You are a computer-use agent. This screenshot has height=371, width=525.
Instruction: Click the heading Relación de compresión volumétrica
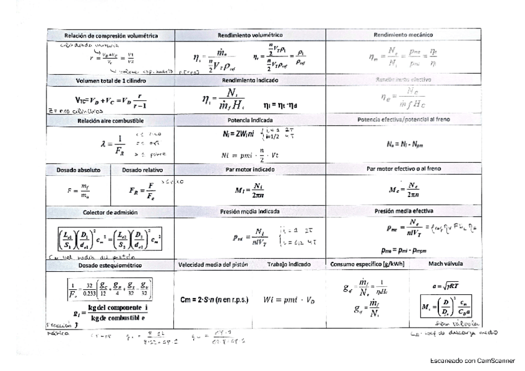[111, 36]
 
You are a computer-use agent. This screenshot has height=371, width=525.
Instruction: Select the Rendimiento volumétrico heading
[250, 35]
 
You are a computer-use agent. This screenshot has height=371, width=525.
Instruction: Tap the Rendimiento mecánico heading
[403, 35]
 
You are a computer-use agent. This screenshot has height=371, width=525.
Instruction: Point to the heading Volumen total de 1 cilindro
[111, 81]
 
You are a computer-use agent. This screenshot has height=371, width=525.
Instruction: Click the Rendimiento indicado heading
[250, 81]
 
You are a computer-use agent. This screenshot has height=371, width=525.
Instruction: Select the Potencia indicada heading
[250, 120]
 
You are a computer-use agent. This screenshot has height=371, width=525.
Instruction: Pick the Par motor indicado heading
[250, 168]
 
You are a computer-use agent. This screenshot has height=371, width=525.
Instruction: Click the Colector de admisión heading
[111, 212]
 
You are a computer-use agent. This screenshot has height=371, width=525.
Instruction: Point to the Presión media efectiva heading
[403, 211]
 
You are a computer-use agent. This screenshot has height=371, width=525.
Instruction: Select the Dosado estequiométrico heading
[111, 264]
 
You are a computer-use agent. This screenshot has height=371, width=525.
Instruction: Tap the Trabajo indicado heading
[290, 264]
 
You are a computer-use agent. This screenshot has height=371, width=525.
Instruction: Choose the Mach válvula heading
[445, 264]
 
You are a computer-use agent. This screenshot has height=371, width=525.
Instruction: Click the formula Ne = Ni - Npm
[403, 144]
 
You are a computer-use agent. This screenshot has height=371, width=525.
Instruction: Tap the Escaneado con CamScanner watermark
[472, 360]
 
